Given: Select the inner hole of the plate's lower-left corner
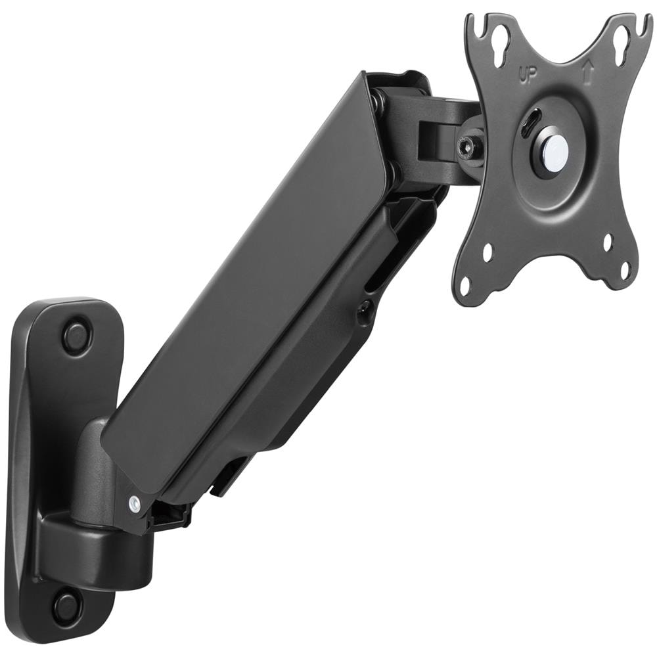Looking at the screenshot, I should (x=488, y=252).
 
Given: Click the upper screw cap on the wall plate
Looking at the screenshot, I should (x=78, y=336).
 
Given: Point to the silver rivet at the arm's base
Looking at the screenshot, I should (x=135, y=503).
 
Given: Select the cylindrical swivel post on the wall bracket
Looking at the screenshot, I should (x=92, y=473).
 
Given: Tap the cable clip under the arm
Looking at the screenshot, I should (x=227, y=476).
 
